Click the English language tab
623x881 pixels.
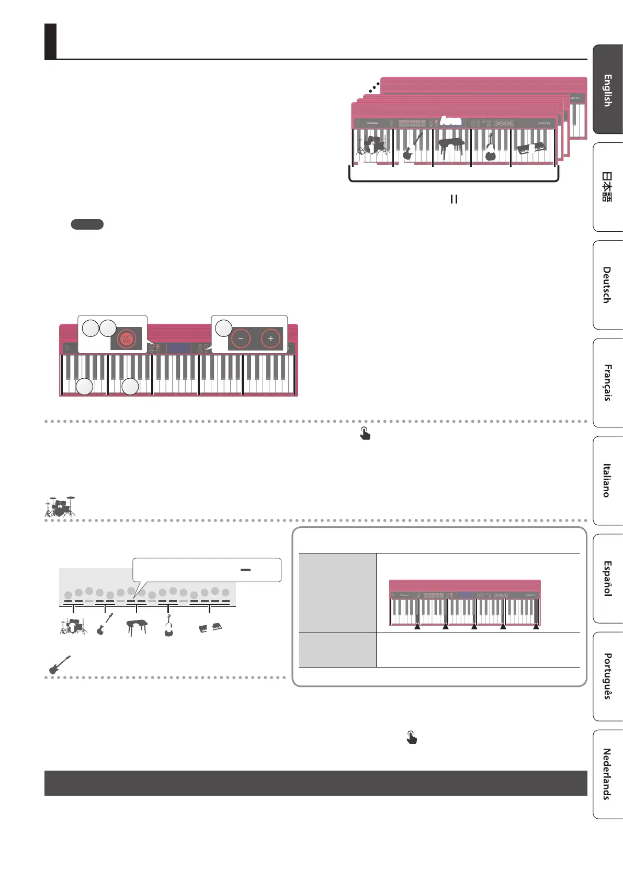click(x=608, y=90)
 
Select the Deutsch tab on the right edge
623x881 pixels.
click(x=608, y=285)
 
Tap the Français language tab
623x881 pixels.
click(x=608, y=382)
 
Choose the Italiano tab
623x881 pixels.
click(x=608, y=480)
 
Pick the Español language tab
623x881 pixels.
click(x=608, y=578)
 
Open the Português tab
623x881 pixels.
click(x=608, y=676)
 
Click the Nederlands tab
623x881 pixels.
click(x=608, y=774)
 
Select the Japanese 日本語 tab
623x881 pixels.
click(x=608, y=187)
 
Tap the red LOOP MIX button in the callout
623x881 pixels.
click(x=126, y=339)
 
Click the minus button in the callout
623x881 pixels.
click(x=241, y=338)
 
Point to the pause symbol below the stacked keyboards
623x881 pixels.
click(x=454, y=199)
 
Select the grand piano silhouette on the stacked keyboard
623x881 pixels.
click(x=451, y=147)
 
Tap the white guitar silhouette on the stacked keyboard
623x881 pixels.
click(x=412, y=147)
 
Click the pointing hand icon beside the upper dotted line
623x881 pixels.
click(x=365, y=433)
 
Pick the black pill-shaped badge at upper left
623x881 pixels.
click(x=87, y=224)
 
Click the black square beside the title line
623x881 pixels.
click(x=50, y=41)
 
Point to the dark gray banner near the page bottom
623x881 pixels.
click(x=315, y=783)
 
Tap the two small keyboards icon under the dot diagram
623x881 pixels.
click(x=210, y=627)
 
